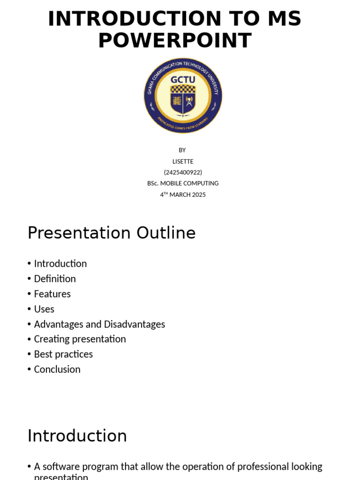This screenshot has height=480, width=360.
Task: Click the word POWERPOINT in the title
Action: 174,41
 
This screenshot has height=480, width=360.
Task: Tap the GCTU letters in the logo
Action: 183,79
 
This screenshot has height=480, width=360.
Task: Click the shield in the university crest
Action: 183,100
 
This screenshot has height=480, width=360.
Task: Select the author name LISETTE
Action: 183,161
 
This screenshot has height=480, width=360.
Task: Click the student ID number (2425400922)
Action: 183,172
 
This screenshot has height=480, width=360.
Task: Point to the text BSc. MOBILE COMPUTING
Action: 183,183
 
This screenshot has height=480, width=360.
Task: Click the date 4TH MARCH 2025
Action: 183,195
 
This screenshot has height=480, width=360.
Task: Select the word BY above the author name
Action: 182,150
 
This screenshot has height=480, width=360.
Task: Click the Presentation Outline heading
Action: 112,233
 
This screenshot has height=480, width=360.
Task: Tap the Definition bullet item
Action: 55,279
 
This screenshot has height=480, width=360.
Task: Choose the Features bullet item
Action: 52,294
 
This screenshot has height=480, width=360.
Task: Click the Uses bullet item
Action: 44,309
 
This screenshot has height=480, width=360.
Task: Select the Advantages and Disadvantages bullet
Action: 99,324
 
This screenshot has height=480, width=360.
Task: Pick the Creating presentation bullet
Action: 80,339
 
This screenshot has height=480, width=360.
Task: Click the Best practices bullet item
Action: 63,354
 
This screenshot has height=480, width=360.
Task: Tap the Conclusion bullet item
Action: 57,369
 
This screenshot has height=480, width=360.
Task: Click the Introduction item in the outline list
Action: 60,263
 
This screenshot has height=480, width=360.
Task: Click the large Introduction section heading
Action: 77,435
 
